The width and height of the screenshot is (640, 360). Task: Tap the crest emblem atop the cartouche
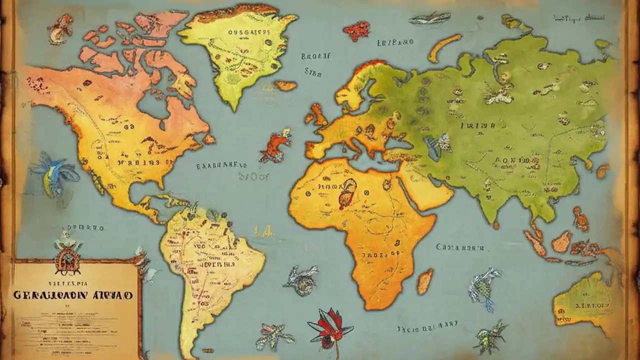[x=67, y=256]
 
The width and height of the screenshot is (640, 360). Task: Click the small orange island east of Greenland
[x=285, y=85]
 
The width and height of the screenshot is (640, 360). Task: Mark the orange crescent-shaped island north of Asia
[x=443, y=47]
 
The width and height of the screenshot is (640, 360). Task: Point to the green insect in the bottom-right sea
[x=489, y=336]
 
